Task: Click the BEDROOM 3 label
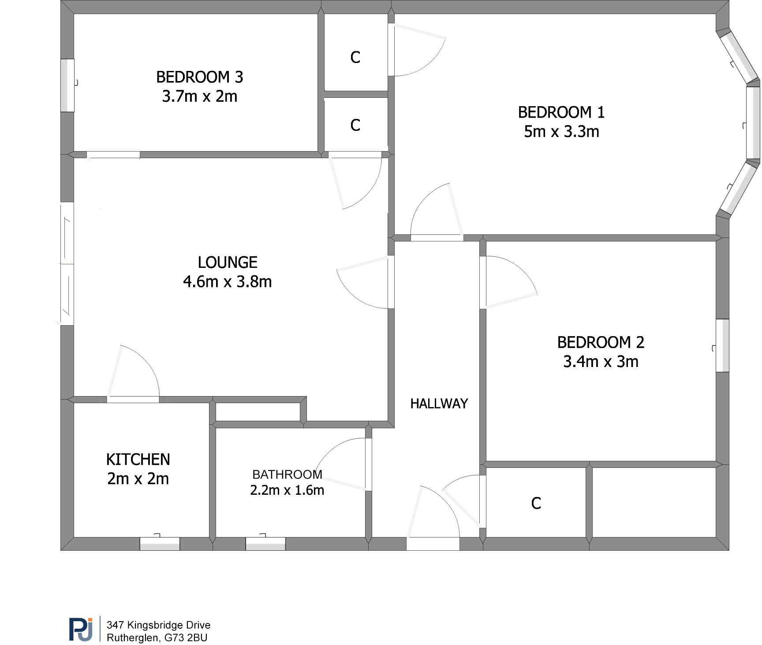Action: (199, 77)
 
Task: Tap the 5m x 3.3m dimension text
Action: (561, 132)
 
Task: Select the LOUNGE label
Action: (227, 263)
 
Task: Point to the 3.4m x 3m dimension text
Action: (601, 362)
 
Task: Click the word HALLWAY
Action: (439, 404)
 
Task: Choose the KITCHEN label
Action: (138, 460)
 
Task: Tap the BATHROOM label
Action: (287, 474)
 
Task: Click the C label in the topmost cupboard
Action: (355, 57)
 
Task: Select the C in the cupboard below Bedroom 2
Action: (536, 503)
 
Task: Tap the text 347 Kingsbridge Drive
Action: (159, 625)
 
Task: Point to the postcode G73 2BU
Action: (186, 638)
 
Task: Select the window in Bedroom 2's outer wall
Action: (722, 345)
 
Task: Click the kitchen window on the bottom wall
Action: (160, 544)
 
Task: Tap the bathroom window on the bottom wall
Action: (265, 544)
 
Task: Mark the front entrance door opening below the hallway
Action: (433, 544)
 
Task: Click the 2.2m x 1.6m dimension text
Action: (287, 490)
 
